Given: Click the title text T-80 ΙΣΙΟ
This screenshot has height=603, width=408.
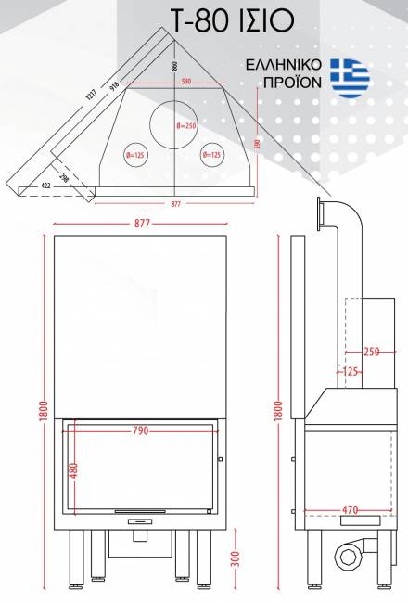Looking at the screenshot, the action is [x=232, y=21].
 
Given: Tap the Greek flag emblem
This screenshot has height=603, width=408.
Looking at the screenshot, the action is [x=350, y=78].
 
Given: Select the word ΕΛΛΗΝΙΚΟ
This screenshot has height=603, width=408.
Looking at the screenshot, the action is [x=284, y=65].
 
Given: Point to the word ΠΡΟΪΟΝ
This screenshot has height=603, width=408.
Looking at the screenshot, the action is [x=293, y=82].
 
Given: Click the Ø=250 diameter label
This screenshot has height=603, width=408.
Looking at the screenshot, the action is [x=186, y=126].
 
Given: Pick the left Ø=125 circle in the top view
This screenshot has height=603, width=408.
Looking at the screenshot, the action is [x=135, y=155].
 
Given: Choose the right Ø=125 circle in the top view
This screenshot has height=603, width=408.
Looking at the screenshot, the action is [x=212, y=155].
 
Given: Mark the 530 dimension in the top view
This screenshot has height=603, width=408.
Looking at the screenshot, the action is [x=186, y=82].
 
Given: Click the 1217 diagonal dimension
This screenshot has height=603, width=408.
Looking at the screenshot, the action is [x=91, y=95].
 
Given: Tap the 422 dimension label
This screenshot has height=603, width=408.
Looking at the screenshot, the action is [x=45, y=186].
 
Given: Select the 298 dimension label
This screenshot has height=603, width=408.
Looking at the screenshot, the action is [x=65, y=178].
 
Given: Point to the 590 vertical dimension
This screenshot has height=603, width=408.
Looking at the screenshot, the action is [x=258, y=144].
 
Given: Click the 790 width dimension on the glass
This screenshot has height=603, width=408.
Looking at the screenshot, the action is [x=140, y=430].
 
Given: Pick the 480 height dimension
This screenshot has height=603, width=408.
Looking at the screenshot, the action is [x=74, y=470].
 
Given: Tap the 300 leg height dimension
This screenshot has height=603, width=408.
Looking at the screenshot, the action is [x=236, y=558].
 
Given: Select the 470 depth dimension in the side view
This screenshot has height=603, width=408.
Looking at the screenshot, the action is [x=350, y=510].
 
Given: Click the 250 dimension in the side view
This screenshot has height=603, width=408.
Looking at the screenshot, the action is [x=372, y=352].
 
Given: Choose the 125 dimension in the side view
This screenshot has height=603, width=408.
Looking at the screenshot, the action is [x=350, y=372].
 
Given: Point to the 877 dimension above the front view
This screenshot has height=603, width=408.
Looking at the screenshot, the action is [x=142, y=224].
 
